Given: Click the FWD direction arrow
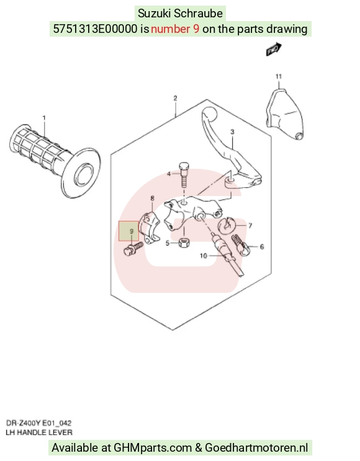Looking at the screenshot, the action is [x=274, y=50].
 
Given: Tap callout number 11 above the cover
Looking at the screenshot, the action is [x=279, y=76].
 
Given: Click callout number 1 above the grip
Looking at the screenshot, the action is [x=44, y=118].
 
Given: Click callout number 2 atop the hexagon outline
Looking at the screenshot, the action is [x=175, y=98].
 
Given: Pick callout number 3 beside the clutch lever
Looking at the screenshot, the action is [x=232, y=132].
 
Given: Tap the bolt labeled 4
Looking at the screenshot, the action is [x=184, y=175].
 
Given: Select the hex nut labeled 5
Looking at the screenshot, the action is [x=184, y=243].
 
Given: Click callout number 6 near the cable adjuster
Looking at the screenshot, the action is [x=262, y=247].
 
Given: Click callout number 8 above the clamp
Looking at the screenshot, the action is [x=152, y=199].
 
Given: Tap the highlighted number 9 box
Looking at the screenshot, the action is [x=129, y=231].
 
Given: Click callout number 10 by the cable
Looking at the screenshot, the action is [x=204, y=256].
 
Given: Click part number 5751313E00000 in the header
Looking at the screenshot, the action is [x=95, y=29].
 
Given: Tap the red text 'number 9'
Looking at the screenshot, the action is [x=175, y=29].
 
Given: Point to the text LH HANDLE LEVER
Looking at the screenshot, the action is [x=39, y=432].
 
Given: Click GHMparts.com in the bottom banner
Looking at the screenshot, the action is [x=152, y=448].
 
